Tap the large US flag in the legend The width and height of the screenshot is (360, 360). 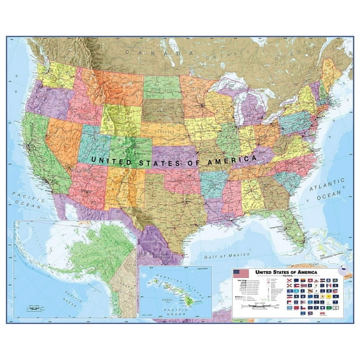pos(241,273)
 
